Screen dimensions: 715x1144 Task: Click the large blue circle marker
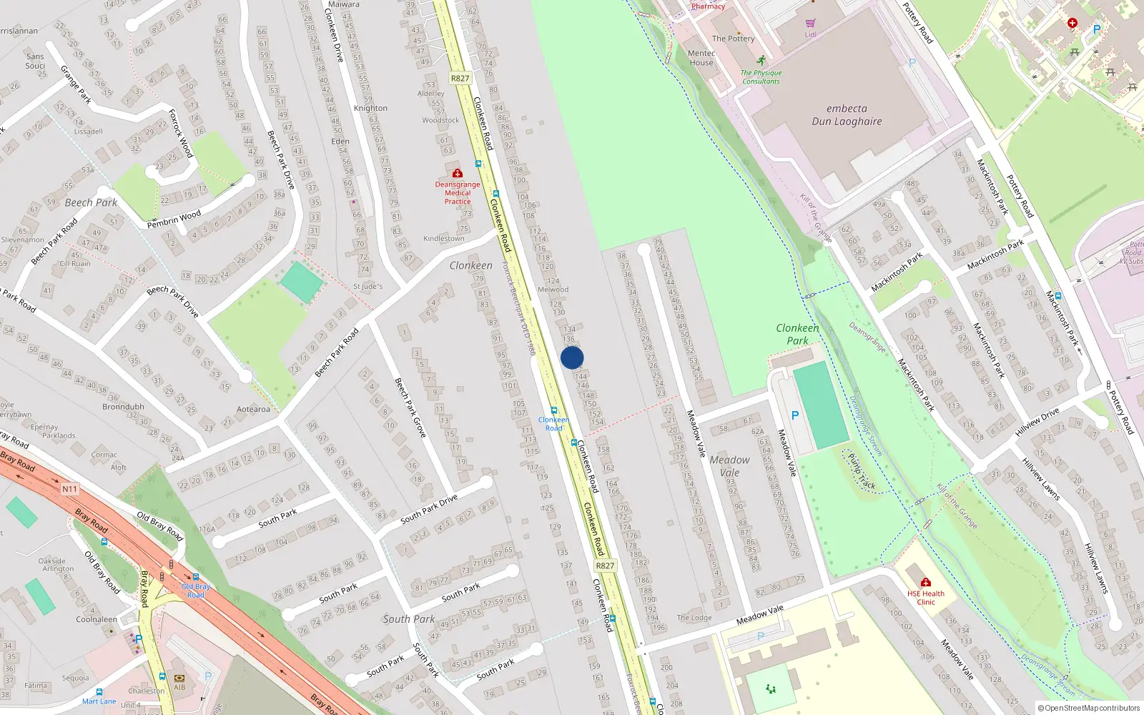tap(572, 357)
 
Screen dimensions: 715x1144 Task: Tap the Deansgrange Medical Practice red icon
tap(458, 173)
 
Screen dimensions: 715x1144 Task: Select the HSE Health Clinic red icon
tap(926, 582)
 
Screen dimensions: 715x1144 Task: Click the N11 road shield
tap(69, 489)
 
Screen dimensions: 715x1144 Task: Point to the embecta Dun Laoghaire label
tap(847, 115)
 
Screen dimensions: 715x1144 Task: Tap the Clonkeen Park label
tap(797, 334)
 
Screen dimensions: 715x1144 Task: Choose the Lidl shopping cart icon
tap(810, 24)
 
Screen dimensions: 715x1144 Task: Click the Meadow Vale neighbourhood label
tap(729, 466)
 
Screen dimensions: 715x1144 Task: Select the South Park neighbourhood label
tap(408, 619)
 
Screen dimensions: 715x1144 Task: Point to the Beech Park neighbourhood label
tap(91, 202)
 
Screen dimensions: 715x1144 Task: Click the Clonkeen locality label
tap(470, 265)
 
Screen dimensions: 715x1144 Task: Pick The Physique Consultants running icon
tap(761, 61)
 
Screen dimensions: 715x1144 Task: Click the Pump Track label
tap(862, 471)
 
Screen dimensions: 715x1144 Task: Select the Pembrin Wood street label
tap(174, 220)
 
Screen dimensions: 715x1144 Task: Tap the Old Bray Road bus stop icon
tap(195, 577)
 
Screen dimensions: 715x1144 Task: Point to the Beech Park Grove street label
tap(410, 408)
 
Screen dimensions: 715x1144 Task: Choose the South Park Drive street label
tap(428, 508)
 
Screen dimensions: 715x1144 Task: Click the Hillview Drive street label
tap(1037, 423)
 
